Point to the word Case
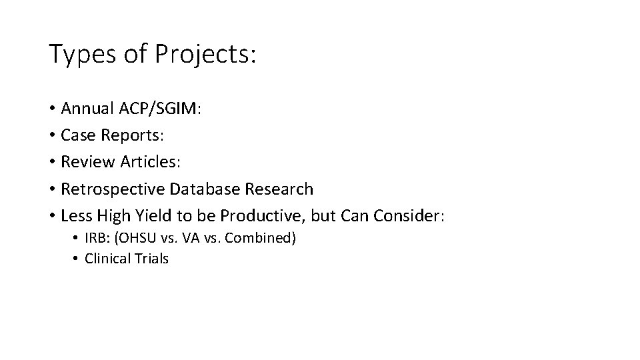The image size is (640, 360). (x=77, y=135)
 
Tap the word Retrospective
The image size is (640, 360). (x=113, y=189)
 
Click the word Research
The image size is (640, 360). (x=278, y=189)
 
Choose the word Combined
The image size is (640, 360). (x=260, y=238)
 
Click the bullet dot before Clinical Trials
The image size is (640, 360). (x=77, y=259)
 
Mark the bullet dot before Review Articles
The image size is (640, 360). (x=52, y=163)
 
